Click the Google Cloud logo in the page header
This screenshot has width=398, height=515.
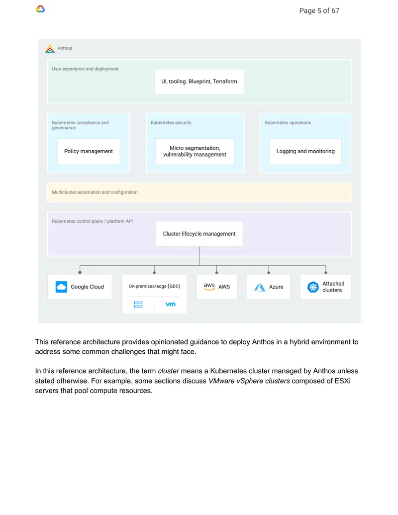[40, 9]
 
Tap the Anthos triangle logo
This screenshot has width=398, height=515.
[50, 49]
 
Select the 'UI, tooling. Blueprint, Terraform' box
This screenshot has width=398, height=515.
[199, 82]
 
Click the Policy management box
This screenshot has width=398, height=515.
[89, 151]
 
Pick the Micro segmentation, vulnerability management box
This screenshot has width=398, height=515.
[195, 151]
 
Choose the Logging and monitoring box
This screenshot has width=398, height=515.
[305, 151]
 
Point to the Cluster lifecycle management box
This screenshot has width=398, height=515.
[199, 234]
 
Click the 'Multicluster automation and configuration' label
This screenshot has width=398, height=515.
[95, 192]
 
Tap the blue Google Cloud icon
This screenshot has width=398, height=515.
[61, 287]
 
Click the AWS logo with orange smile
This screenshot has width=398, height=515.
[209, 287]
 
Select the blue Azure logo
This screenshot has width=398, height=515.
[260, 287]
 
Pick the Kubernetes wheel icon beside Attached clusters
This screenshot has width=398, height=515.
[313, 287]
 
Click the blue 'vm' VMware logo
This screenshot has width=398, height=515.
[171, 304]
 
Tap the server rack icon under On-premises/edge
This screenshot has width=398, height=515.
[138, 305]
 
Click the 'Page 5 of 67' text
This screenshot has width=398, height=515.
[319, 11]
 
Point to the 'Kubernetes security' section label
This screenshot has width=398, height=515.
[171, 122]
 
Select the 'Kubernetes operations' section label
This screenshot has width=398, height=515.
[288, 122]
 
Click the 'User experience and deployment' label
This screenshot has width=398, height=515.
[85, 69]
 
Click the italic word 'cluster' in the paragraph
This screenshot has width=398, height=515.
[169, 371]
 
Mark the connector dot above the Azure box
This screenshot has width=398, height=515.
[269, 273]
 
